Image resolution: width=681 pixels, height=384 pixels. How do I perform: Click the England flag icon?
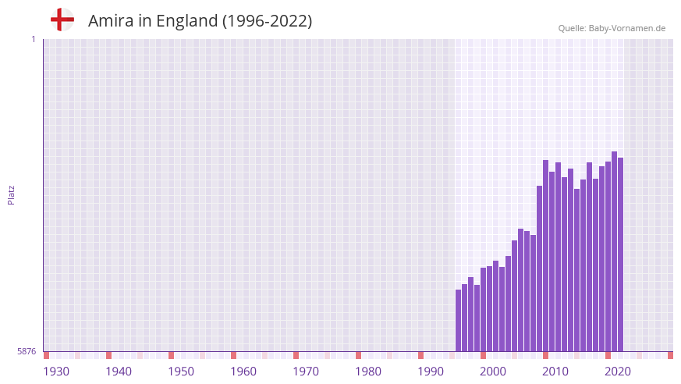click(62, 20)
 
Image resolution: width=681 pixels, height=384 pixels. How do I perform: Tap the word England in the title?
click(187, 21)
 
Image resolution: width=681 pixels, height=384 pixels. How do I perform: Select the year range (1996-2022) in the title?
click(267, 21)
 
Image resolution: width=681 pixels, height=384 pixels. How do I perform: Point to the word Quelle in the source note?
click(573, 28)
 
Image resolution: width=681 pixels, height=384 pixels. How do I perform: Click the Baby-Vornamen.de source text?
click(627, 28)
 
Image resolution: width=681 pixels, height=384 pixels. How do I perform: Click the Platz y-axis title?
click(11, 194)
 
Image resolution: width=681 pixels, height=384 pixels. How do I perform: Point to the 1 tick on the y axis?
click(33, 39)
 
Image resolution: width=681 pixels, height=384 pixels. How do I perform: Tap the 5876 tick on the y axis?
click(27, 352)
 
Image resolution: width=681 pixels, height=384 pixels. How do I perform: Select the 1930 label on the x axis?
click(56, 372)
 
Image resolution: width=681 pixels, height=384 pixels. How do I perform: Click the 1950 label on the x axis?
click(181, 372)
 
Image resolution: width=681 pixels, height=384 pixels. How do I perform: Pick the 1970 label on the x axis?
click(306, 372)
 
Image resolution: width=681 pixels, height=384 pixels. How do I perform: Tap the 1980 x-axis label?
click(368, 372)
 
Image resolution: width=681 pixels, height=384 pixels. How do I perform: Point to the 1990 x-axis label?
click(431, 372)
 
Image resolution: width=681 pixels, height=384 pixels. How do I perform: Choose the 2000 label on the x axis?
click(493, 372)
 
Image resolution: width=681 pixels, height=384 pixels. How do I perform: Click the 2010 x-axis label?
click(555, 372)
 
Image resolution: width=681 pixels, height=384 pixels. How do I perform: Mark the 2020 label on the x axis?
click(618, 372)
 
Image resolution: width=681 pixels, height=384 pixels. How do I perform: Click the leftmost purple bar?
click(459, 321)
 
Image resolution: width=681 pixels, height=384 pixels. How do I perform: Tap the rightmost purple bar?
click(621, 254)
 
